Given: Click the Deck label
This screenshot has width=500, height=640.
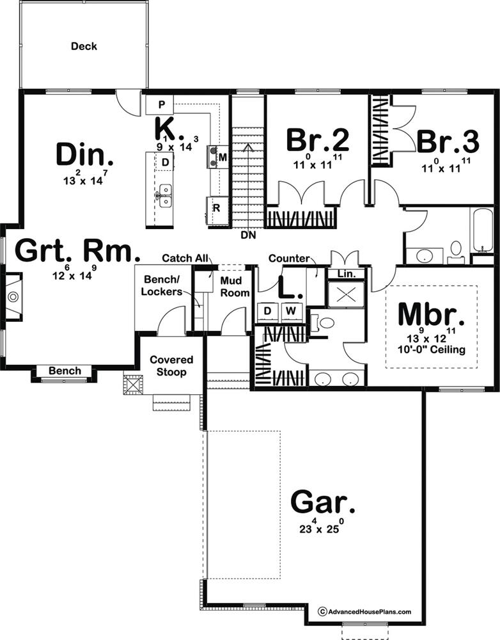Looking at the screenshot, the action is click(x=84, y=46).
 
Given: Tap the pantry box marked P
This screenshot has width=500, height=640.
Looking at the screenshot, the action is click(x=160, y=105).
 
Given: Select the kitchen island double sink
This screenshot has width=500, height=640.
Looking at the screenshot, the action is click(x=165, y=196).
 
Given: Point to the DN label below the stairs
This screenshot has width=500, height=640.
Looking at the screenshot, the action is click(x=248, y=235).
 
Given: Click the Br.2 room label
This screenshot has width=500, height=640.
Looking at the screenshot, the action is click(x=317, y=140).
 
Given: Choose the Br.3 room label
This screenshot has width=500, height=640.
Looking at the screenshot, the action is click(x=448, y=141).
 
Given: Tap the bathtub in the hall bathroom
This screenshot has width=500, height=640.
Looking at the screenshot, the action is click(x=481, y=230).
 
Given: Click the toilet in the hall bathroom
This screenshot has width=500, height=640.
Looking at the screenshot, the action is click(x=455, y=252).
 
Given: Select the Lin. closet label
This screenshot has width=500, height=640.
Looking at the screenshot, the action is click(x=347, y=274).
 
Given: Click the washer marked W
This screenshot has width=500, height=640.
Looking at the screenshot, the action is click(x=291, y=312).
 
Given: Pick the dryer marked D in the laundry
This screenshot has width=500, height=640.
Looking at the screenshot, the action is click(x=267, y=312).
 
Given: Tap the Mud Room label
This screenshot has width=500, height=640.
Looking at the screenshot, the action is click(x=235, y=287).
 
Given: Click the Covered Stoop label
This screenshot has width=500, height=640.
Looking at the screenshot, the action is click(x=171, y=365).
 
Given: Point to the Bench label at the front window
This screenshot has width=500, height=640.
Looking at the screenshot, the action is click(x=65, y=371).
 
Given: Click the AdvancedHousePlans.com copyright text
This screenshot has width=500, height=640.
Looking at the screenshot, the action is click(x=364, y=611).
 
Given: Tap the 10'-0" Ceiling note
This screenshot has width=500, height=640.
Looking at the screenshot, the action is click(x=432, y=349).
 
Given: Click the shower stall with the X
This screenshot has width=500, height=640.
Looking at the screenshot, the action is click(x=347, y=294).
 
